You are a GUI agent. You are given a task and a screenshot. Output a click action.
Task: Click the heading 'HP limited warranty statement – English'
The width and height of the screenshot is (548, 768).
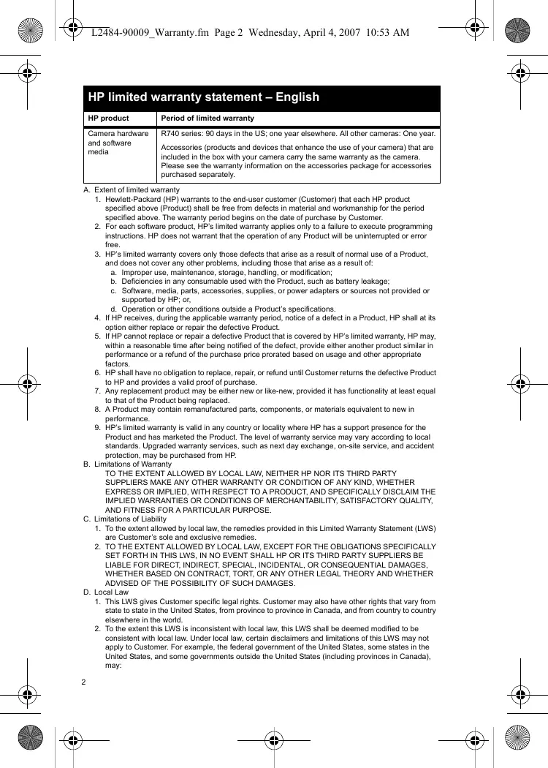204,97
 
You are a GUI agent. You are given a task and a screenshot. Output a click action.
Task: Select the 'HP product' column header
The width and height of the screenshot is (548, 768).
108,118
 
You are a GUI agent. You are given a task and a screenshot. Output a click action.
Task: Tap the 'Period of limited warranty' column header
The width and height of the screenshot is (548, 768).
208,118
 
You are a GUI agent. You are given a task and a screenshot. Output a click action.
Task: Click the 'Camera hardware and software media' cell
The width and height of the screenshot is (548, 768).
118,143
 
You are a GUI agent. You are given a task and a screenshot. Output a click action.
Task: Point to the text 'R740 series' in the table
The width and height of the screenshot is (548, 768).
180,134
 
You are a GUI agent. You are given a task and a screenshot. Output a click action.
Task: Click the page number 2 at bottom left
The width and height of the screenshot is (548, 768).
83,681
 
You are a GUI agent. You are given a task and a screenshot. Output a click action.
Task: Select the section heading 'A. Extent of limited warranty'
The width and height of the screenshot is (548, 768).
132,189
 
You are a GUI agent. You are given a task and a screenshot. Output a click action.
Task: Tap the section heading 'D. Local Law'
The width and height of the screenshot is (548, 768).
106,592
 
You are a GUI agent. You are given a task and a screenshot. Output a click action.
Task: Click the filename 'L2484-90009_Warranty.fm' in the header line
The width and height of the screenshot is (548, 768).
148,33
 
